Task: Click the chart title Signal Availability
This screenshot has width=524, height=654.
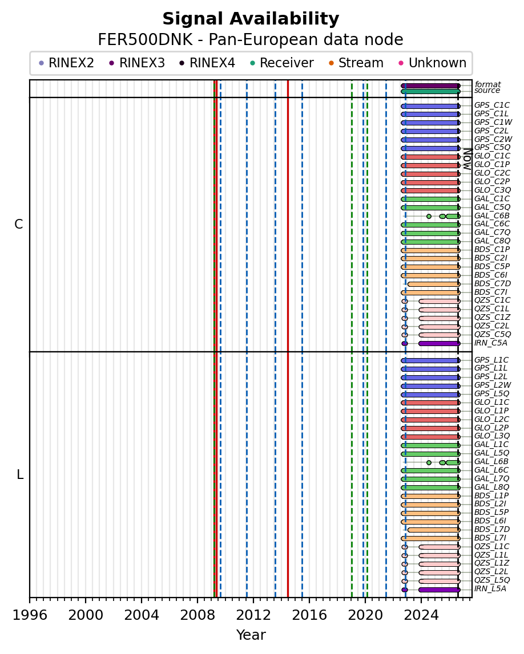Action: [x=251, y=19]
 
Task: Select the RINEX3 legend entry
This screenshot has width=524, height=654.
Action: [x=138, y=63]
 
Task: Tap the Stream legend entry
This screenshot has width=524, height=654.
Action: [x=356, y=63]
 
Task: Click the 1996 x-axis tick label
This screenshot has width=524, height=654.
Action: [x=30, y=615]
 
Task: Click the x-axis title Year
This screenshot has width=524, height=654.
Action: [x=251, y=635]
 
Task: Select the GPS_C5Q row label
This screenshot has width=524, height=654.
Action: [x=492, y=148]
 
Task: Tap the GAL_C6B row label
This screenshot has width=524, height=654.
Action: [x=492, y=216]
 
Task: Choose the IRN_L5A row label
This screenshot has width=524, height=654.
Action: [x=490, y=589]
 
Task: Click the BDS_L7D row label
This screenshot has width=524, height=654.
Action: [x=492, y=530]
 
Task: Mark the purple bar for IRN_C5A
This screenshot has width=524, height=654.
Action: [x=440, y=344]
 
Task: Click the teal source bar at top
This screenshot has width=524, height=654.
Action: [x=430, y=91]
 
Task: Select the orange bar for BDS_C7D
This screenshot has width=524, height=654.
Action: [x=434, y=284]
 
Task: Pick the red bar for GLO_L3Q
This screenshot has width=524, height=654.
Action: [x=430, y=437]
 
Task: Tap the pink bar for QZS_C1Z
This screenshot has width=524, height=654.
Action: [x=440, y=318]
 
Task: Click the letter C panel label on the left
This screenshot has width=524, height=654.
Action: [x=19, y=225]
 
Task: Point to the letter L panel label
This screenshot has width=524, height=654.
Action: [x=19, y=474]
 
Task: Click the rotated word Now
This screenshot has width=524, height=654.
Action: [x=467, y=159]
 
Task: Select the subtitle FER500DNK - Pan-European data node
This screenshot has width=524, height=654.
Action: [x=251, y=40]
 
